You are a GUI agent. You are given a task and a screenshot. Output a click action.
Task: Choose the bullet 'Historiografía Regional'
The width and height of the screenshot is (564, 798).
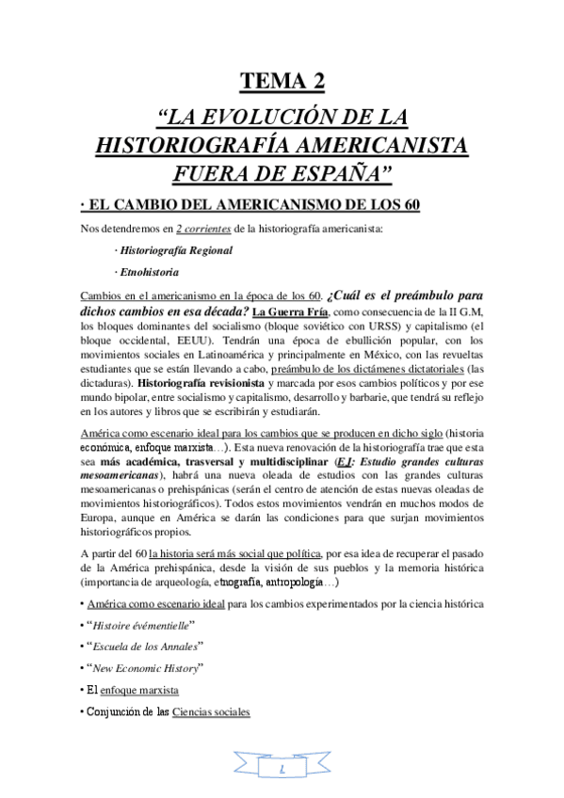[x=175, y=251]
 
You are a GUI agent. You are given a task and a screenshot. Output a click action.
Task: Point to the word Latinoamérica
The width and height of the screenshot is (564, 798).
[x=210, y=359]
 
